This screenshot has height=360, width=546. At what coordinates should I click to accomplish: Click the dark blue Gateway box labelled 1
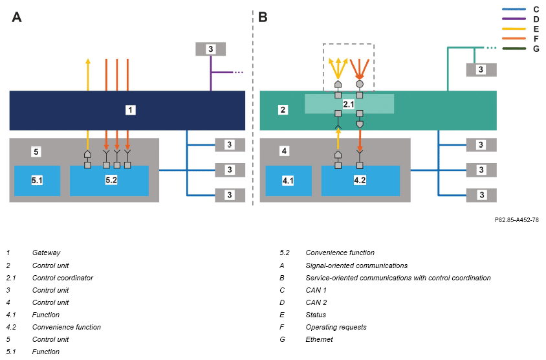point(127,111)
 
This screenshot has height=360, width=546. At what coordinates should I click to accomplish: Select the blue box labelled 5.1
point(38,181)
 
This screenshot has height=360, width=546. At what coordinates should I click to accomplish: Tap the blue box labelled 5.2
point(109,181)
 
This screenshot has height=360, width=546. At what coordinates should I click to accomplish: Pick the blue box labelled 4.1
point(289,181)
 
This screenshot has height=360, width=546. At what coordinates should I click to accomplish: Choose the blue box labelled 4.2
point(360,181)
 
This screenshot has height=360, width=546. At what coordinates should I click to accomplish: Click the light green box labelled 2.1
point(349,104)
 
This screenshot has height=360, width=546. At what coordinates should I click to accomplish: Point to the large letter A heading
point(17,17)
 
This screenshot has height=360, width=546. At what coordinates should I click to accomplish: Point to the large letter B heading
point(263,17)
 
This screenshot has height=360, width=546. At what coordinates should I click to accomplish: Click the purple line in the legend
point(514,19)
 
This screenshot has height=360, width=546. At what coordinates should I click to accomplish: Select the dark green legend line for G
point(514,49)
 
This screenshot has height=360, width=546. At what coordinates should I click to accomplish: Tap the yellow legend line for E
point(514,28)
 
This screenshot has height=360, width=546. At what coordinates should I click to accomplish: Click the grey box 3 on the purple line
point(211,49)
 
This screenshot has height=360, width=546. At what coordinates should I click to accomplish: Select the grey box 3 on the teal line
point(481,70)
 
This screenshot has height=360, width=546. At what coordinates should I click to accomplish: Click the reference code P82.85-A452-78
point(516,220)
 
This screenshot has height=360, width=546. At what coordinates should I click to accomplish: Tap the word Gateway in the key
point(47,253)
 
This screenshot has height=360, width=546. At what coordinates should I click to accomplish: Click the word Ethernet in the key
point(320,339)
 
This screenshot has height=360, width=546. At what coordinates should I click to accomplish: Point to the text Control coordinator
point(63,278)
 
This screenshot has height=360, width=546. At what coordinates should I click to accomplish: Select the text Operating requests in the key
point(336,327)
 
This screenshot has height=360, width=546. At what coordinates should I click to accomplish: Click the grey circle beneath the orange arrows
point(360,84)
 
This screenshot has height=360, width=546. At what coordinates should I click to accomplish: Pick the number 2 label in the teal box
point(283,110)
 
